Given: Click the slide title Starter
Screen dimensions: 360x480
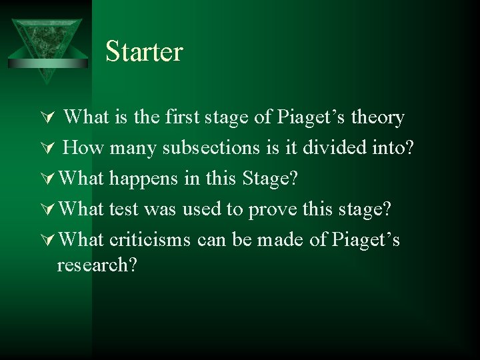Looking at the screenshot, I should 144,52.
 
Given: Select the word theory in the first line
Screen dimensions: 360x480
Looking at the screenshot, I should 378,117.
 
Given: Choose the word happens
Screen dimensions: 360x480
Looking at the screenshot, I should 137,178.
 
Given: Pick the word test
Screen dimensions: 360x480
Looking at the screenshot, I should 123,209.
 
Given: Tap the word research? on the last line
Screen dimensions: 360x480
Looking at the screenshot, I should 97,265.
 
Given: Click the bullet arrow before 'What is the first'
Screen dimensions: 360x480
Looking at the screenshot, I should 46,119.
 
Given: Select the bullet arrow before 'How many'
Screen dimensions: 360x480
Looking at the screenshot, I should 46,149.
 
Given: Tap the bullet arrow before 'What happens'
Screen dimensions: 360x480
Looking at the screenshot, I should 46,179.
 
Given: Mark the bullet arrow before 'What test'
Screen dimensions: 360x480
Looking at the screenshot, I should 46,210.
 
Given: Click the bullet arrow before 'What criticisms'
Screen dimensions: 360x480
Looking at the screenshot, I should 46,241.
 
